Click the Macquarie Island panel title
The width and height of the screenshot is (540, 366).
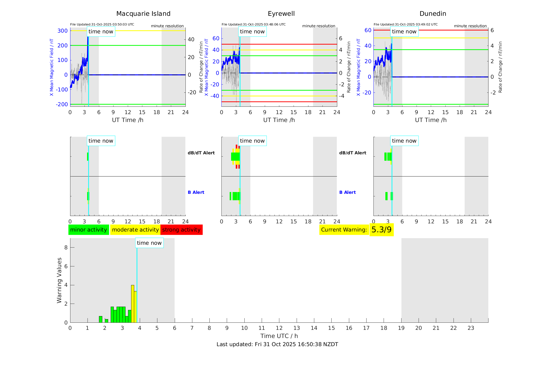tap(143, 14)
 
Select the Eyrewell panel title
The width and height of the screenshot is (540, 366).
tap(281, 14)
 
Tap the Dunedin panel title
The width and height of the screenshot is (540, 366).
tap(433, 14)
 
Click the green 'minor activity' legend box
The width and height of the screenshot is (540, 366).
tap(89, 230)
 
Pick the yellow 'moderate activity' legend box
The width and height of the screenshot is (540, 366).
tap(135, 230)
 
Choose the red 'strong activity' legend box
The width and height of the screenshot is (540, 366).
tap(181, 230)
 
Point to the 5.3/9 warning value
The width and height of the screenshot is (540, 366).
tap(381, 230)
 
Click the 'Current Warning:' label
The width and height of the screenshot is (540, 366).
tap(344, 230)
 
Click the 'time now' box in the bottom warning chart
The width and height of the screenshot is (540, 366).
tap(149, 243)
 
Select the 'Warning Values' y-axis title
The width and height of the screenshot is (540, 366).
tap(59, 280)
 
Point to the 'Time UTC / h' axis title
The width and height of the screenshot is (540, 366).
tap(279, 336)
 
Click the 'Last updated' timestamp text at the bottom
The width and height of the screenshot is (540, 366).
tap(277, 344)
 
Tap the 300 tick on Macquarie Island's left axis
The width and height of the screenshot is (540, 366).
tap(62, 31)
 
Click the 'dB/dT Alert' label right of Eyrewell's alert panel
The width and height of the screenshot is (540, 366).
tap(353, 153)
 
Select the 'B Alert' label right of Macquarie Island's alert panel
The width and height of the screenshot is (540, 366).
tap(196, 192)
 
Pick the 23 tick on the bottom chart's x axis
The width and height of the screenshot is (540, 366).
tap(471, 328)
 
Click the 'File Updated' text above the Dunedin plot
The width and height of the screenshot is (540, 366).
tap(406, 24)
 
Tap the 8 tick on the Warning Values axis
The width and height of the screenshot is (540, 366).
tap(66, 247)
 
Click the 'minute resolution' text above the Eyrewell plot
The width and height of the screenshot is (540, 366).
tap(319, 26)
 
